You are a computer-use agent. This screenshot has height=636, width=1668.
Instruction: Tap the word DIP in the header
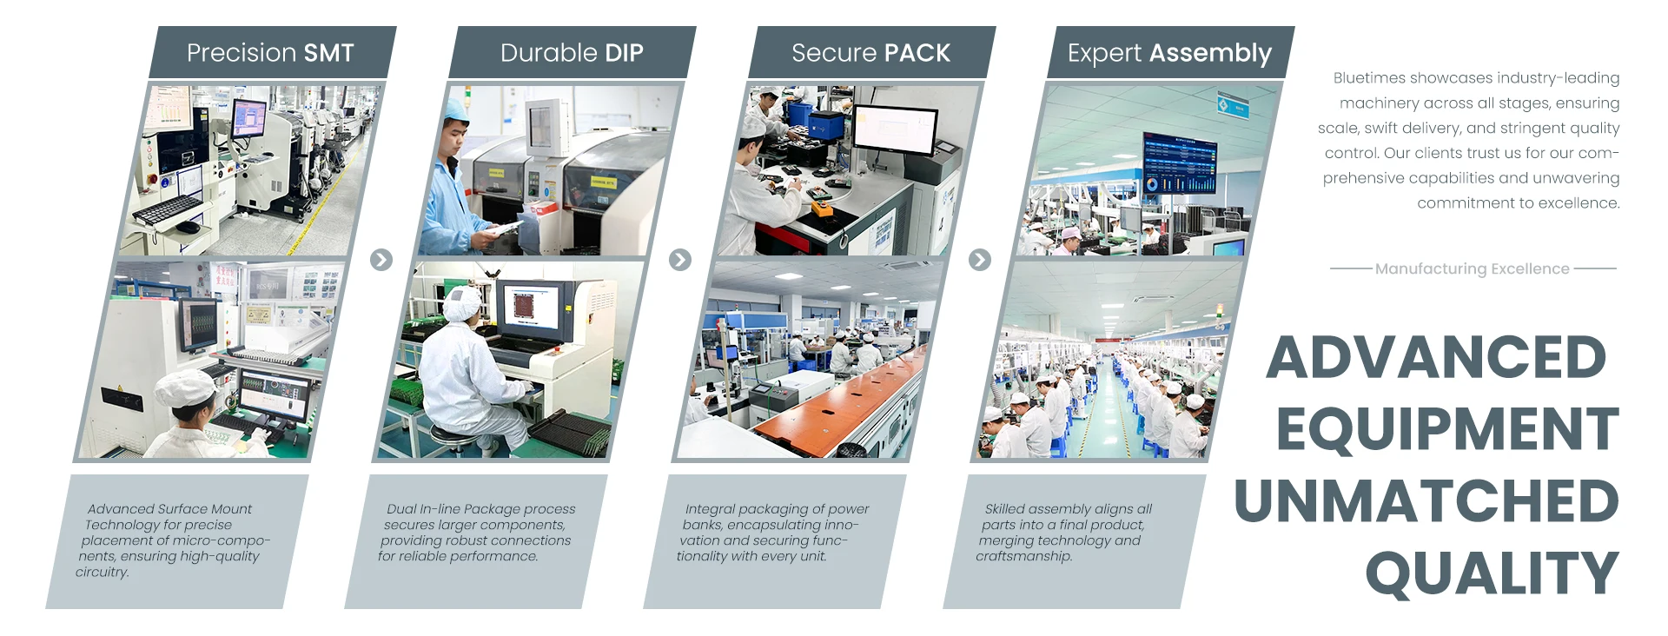click(x=624, y=53)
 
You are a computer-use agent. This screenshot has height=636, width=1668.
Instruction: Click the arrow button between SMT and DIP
click(x=381, y=260)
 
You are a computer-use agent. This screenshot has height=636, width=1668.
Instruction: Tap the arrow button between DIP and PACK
click(x=680, y=260)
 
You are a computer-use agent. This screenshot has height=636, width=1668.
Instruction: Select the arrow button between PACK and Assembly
click(x=980, y=260)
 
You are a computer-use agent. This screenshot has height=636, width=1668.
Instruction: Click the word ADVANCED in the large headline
click(x=1436, y=357)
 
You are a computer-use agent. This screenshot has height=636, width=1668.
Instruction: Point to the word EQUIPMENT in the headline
click(x=1447, y=429)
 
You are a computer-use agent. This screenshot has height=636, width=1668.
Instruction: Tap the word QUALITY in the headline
click(x=1493, y=573)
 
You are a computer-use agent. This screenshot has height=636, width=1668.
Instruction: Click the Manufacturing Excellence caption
click(x=1473, y=269)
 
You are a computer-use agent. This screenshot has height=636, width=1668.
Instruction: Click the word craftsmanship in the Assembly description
click(x=1023, y=556)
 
